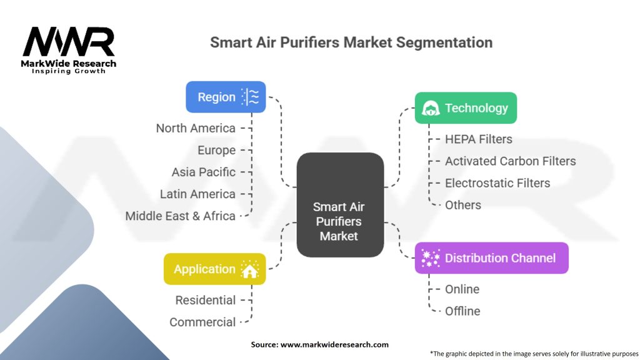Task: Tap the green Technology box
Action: pos(466,108)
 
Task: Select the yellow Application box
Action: pos(214,269)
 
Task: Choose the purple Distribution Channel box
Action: pos(491,257)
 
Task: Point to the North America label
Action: pos(196,128)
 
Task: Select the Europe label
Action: pos(216,150)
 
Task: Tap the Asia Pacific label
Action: pos(204,172)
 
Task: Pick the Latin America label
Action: pos(197,194)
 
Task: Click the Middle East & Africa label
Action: pos(180,216)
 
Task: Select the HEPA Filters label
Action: pos(478,139)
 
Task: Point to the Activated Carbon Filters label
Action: pos(510,161)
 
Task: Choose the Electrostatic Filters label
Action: pos(497,182)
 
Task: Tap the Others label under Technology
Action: pos(462,204)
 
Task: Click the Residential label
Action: pos(206,300)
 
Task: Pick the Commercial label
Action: pos(202,322)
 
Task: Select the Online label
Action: pos(462,289)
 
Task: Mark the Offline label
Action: pos(462,311)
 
